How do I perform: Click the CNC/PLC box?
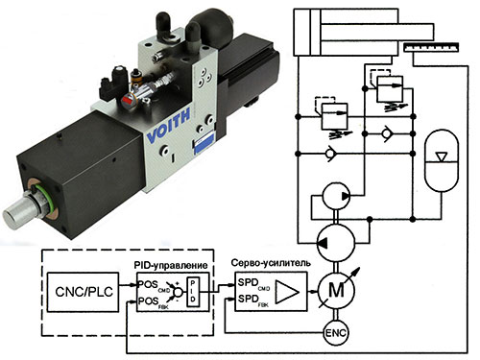pos(83,292)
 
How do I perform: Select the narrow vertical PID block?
pos(192,291)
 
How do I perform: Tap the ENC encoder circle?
pos(335,333)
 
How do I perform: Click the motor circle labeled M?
pos(336,291)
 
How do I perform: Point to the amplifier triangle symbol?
pos(287,292)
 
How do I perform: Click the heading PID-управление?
pos(171,265)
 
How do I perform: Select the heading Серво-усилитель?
pos(271,263)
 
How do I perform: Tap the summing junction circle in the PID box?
pos(178,292)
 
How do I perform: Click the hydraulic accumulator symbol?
pos(442,160)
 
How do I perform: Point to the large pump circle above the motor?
pos(335,242)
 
